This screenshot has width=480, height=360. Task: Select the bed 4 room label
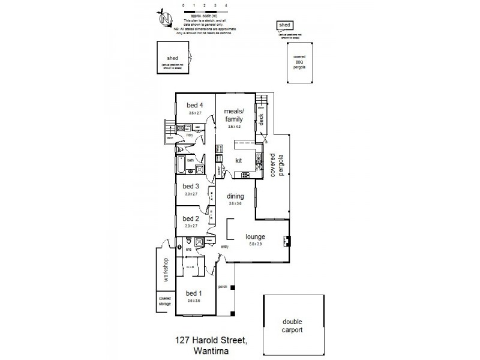[x=194, y=106]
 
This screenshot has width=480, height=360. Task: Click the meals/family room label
[x=233, y=115]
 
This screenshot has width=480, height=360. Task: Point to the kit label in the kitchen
[x=238, y=160]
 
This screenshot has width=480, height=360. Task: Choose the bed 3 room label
[x=190, y=187]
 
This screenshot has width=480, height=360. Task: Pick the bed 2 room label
[x=190, y=218]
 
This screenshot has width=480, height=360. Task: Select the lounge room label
[x=255, y=236]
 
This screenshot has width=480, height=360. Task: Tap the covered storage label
[x=164, y=301]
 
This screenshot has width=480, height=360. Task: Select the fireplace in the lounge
[x=287, y=242]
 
